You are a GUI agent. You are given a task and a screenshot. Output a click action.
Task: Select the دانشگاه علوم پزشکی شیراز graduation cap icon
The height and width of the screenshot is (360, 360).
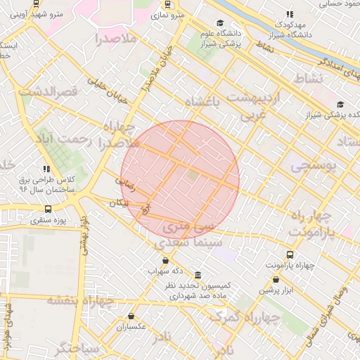220,23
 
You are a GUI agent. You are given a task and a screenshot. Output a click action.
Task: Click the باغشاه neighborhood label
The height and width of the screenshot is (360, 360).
212,103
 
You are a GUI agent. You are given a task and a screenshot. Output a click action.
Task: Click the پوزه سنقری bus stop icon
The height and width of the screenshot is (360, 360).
48,209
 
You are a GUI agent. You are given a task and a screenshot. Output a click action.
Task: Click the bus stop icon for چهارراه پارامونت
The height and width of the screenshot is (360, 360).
290,255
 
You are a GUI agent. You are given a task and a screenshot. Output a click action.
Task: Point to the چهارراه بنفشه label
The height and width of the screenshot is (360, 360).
79,302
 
